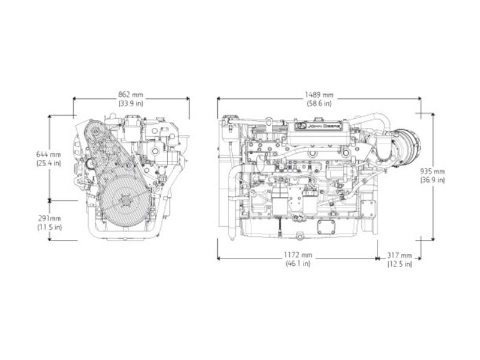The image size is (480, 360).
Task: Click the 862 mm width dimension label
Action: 131,95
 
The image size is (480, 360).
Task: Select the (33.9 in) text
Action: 131,103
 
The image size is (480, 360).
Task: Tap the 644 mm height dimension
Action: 49,155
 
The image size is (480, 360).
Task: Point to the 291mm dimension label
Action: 50,218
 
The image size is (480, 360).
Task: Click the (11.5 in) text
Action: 50,227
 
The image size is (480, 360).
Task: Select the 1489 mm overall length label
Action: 319,95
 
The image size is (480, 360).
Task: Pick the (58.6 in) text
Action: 319,103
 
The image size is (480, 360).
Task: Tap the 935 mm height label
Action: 432,172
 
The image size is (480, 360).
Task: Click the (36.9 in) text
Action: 432,180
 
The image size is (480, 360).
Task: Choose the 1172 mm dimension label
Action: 298,255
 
